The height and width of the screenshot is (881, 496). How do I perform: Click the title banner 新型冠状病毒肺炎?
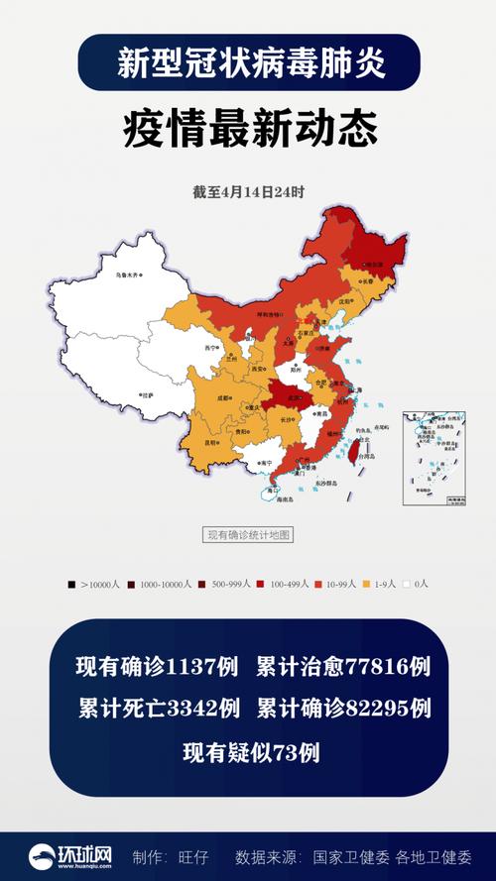248,64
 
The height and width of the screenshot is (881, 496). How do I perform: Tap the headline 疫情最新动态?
248,129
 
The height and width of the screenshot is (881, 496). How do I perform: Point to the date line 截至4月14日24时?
248,192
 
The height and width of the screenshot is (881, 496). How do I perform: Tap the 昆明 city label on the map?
211,442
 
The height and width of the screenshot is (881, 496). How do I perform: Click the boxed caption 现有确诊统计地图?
248,535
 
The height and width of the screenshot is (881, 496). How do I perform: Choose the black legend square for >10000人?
71,585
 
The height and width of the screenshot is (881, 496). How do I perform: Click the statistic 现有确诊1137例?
157,667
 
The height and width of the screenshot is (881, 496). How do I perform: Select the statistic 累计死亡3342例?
159,709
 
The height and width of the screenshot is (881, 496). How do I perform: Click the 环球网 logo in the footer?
69,855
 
